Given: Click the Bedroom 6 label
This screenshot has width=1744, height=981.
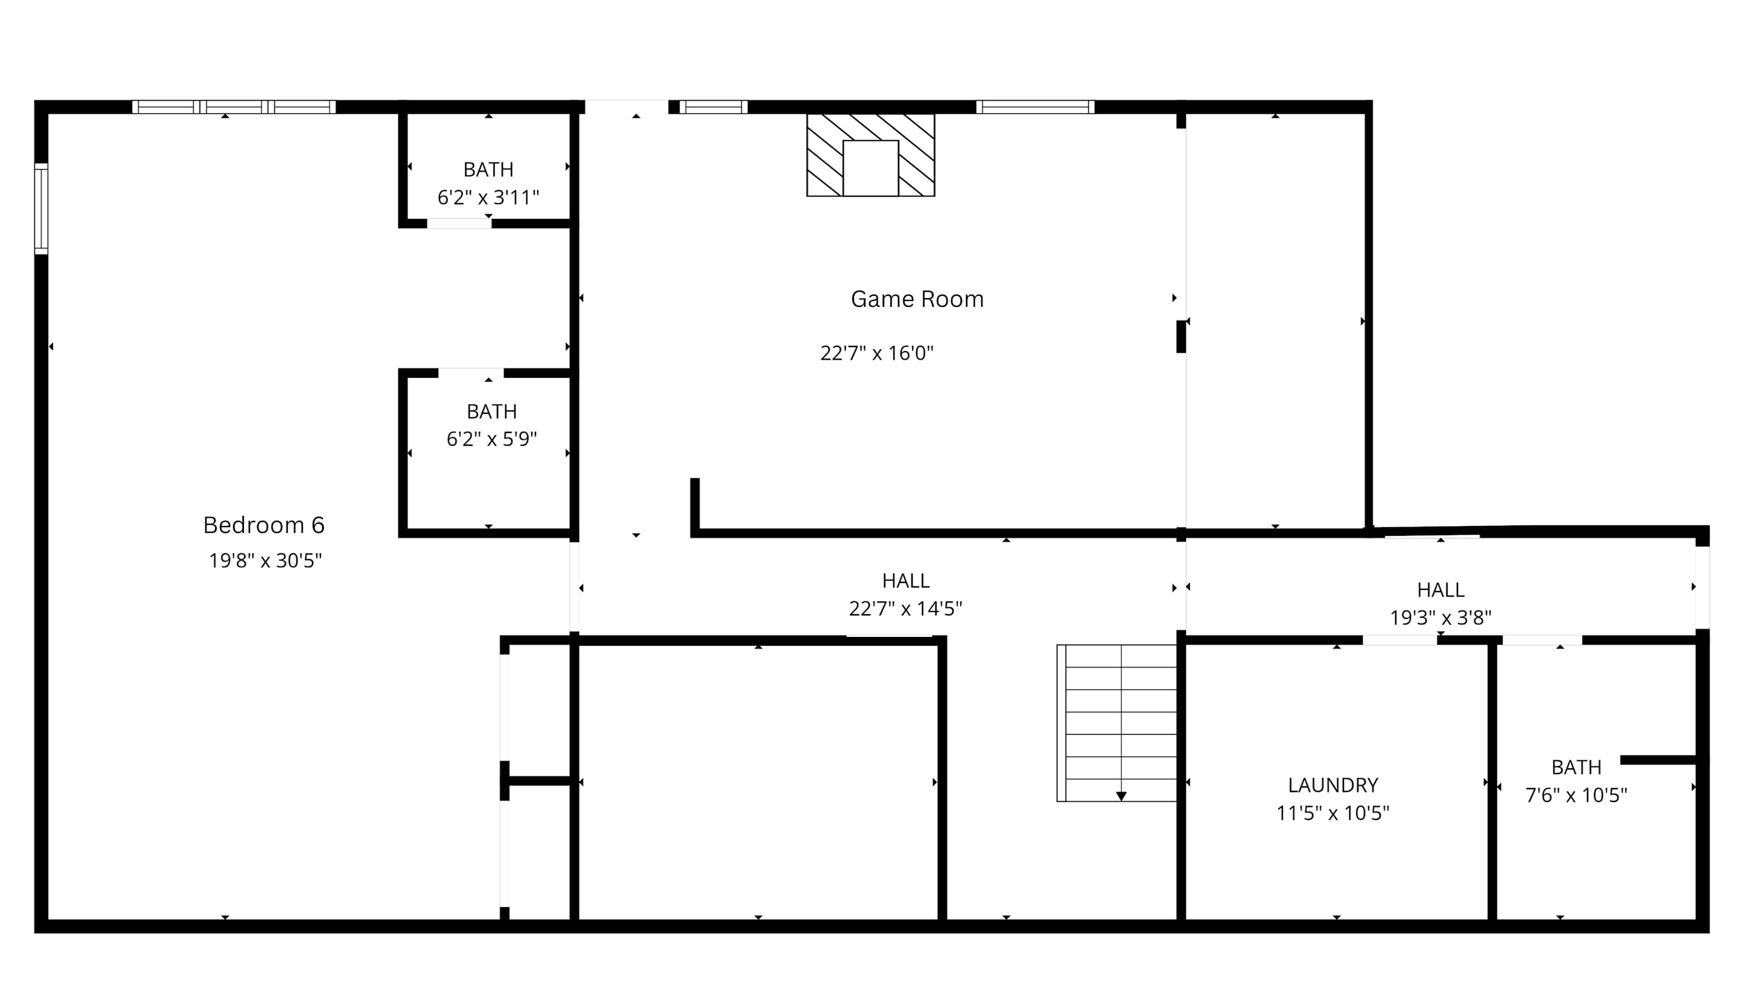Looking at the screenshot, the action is coord(264,525).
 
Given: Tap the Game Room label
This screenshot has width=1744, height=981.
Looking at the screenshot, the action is coord(917,299).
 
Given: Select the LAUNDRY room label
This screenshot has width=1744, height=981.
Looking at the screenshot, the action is coord(1333,785).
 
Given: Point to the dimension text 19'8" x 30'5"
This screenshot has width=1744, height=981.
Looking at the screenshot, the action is coord(266,561).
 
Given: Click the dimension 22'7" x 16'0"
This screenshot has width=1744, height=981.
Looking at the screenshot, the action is coord(877,353).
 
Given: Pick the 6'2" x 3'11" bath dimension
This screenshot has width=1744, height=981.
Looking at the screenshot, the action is coord(488,197).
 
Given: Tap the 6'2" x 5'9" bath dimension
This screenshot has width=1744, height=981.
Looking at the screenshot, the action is coord(491,439).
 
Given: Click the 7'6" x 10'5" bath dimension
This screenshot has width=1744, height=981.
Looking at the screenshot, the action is coord(1576,795).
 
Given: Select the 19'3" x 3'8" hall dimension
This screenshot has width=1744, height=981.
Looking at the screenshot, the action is coord(1441,617).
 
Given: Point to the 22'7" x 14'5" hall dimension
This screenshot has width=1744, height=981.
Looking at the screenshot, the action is coord(906,608).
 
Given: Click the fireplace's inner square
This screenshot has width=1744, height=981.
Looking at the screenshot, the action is coord(871,168).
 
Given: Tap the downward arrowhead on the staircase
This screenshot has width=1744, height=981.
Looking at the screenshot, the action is coord(1121,796).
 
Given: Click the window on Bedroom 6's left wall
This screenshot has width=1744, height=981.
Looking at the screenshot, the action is coord(41,209).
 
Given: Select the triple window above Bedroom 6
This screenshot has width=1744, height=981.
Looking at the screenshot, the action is coord(234,107).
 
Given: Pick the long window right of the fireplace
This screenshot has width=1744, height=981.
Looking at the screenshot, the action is coord(1035,107).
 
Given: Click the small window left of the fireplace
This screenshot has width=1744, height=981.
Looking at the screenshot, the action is coord(713,107).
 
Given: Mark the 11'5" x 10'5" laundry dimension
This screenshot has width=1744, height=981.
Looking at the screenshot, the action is coord(1333,812).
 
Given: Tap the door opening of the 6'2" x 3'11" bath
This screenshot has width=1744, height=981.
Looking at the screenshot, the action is coord(459,223).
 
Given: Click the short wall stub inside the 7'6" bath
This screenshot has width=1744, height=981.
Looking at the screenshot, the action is coord(1658,760).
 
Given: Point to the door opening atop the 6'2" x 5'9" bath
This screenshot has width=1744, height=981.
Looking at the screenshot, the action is coord(471,373).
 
